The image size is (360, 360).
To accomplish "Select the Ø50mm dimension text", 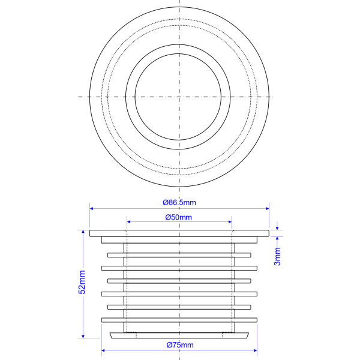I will pyautogui.click(x=179, y=217).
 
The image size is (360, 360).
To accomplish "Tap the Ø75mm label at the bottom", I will pyautogui.click(x=179, y=345).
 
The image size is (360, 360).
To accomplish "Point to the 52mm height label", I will pyautogui.click(x=83, y=282).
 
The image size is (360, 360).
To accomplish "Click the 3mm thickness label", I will pyautogui.click(x=277, y=256).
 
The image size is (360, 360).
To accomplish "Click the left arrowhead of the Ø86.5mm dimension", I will pyautogui.click(x=92, y=209).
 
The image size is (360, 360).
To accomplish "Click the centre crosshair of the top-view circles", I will pyautogui.click(x=179, y=97).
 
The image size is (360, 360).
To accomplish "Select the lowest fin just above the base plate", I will pyautogui.click(x=179, y=320).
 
